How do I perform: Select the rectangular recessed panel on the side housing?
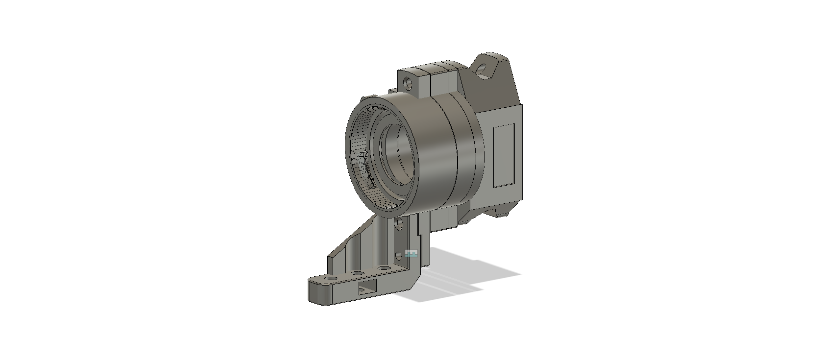tap(504, 155)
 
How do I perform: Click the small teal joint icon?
tap(412, 253)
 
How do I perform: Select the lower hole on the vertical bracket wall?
tap(399, 255)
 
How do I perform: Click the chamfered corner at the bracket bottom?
tap(415, 279)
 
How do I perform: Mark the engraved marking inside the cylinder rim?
tap(363, 167)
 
